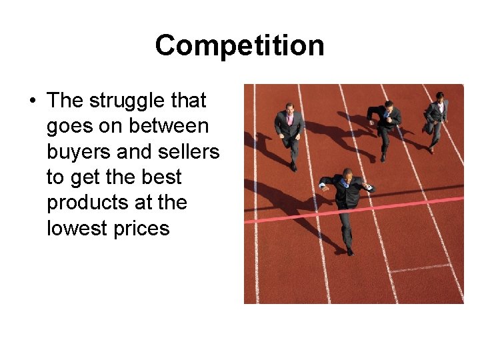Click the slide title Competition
[x=239, y=46]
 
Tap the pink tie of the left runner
[x=290, y=119]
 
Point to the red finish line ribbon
[x=400, y=206]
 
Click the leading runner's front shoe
[x=350, y=251]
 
